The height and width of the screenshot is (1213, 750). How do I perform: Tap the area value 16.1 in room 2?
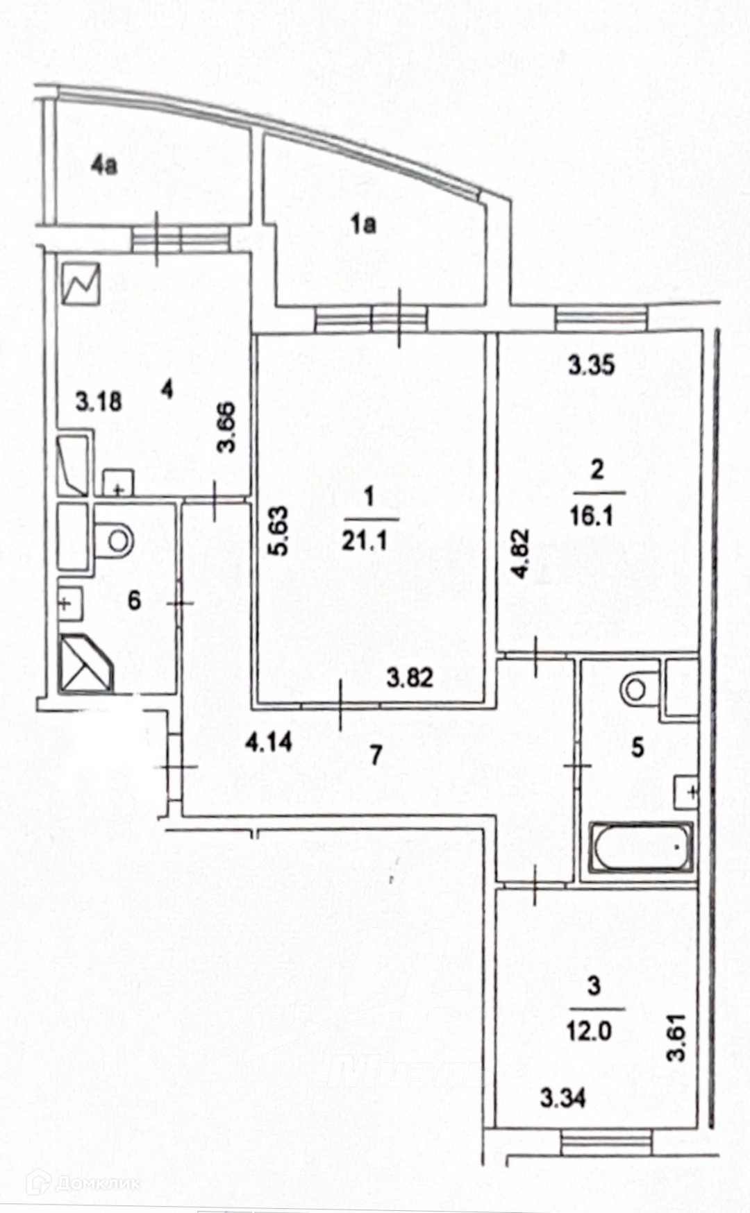(591, 516)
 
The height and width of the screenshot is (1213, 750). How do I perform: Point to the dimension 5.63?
(278, 531)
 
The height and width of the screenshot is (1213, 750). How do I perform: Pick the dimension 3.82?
(410, 677)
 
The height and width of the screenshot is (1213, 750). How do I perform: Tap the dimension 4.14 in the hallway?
(269, 744)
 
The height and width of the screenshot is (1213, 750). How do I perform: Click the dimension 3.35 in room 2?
(591, 365)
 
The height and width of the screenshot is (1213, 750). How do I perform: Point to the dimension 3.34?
(562, 1098)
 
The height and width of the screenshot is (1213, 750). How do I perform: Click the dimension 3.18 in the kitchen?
(99, 400)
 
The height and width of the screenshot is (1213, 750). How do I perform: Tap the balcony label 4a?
(103, 166)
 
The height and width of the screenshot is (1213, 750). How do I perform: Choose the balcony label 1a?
(362, 224)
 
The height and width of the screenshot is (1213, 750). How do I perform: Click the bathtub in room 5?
(641, 847)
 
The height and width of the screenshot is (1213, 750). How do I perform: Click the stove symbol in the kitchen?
(81, 285)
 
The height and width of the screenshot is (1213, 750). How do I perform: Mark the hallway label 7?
(376, 754)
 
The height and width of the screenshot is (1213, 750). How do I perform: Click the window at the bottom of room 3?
(606, 1142)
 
